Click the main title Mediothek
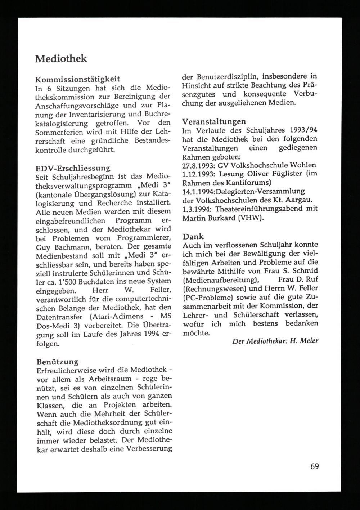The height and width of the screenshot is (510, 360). point(61,59)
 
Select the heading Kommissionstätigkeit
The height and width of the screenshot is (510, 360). point(77,79)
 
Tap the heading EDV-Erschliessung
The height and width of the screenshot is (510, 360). point(73,168)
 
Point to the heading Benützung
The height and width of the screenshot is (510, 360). point(57,361)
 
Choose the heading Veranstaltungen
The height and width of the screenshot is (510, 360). point(214,121)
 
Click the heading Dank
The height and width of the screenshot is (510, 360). point(193,237)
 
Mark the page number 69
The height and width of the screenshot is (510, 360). point(314,466)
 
